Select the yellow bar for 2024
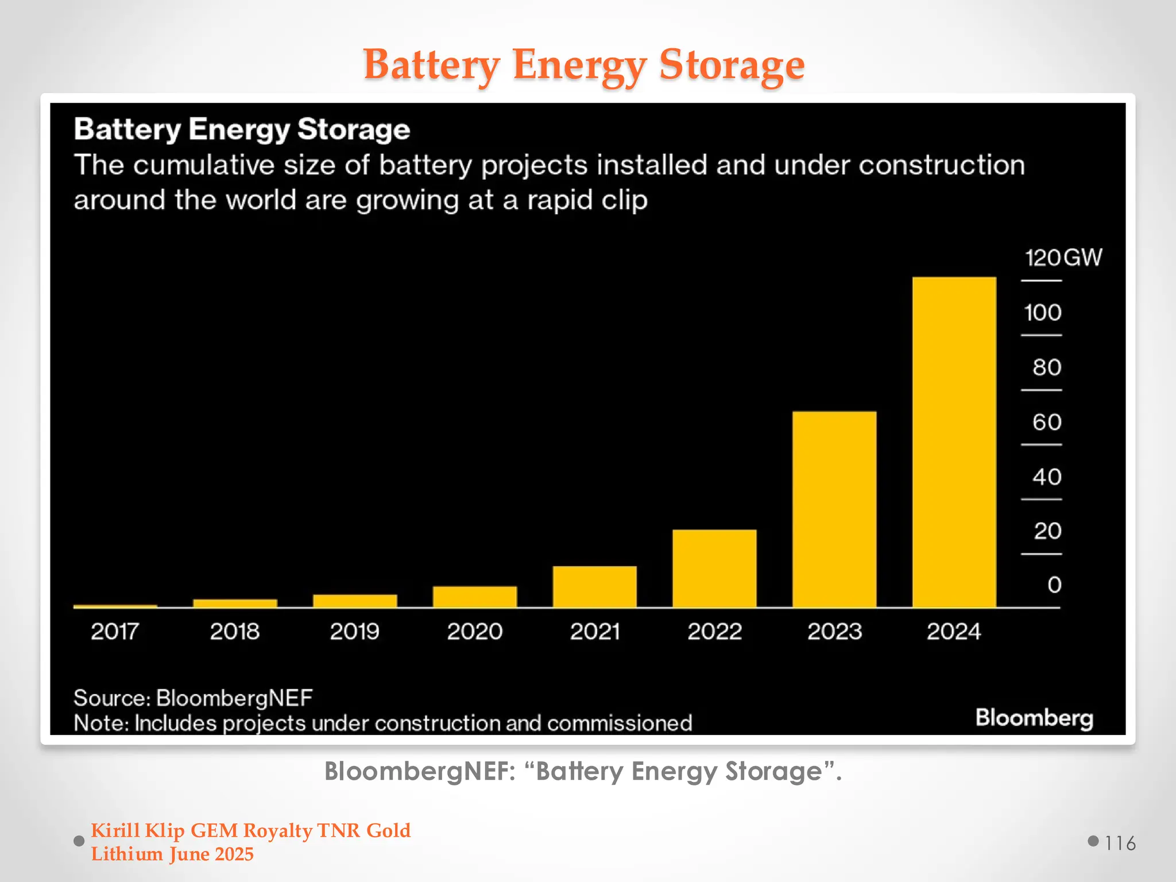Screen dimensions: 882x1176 (954, 442)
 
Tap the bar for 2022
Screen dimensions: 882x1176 (714, 568)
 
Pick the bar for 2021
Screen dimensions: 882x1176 (594, 586)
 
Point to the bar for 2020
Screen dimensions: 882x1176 (474, 597)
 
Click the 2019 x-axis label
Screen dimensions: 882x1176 (354, 632)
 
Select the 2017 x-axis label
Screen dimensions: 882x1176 (115, 632)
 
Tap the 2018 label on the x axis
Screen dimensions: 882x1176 (234, 632)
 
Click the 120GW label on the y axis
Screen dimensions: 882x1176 (1063, 258)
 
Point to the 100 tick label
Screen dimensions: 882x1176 (1042, 313)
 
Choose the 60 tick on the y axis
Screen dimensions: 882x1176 (1046, 423)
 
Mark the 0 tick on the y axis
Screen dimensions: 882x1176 (1054, 585)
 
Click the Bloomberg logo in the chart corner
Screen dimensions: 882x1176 (1034, 718)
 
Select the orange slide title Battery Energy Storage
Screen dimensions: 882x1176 (583, 64)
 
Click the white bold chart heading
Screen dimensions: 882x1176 (242, 129)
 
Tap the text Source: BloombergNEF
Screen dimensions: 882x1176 (193, 698)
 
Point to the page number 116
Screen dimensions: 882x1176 (1120, 843)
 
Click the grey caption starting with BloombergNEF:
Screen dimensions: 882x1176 (583, 771)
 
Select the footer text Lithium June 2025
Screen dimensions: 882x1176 (172, 854)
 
